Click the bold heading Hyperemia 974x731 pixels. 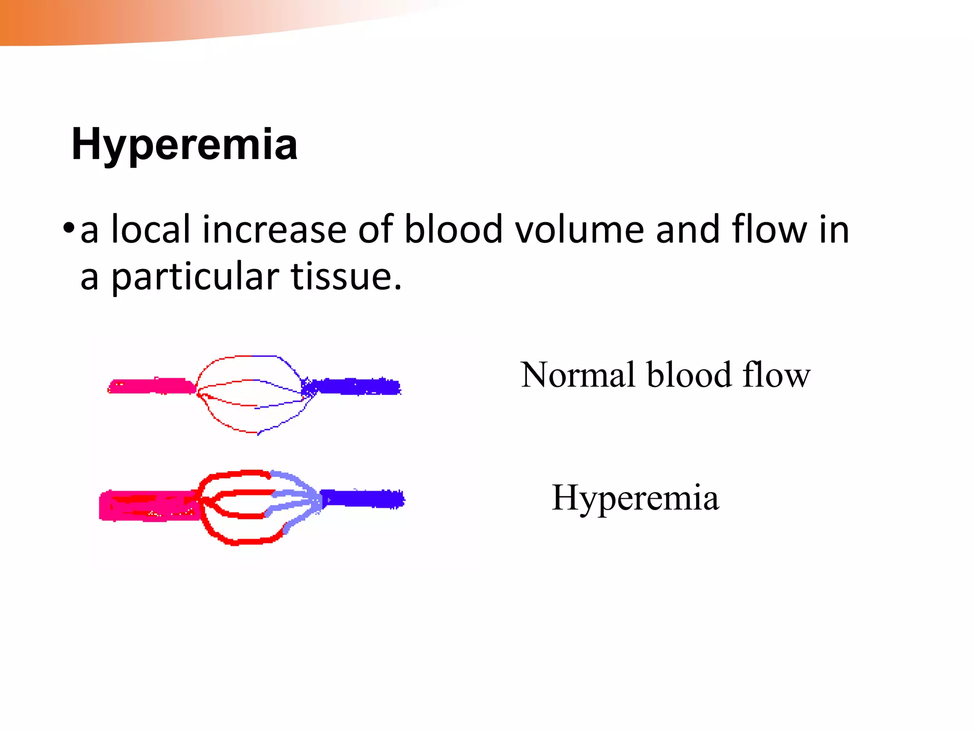184,144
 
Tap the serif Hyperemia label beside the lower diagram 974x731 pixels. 635,498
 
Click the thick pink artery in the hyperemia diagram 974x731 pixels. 147,505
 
